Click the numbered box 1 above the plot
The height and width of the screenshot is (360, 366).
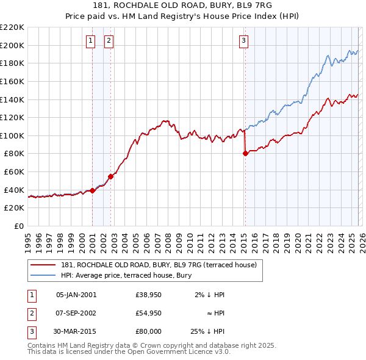point(90,41)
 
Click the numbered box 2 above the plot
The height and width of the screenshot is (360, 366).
point(109,41)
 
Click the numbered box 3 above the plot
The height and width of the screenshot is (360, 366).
point(243,41)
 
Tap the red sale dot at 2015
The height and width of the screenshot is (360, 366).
point(245,154)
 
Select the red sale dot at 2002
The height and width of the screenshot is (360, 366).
point(110,176)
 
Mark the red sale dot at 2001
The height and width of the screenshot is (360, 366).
point(92,191)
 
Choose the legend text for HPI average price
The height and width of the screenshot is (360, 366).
point(126,275)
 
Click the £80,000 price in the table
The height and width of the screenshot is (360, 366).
point(149,331)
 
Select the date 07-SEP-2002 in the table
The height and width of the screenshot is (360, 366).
point(76,313)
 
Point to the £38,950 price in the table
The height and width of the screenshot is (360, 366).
point(149,295)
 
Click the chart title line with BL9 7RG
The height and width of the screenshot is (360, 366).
point(182,7)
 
